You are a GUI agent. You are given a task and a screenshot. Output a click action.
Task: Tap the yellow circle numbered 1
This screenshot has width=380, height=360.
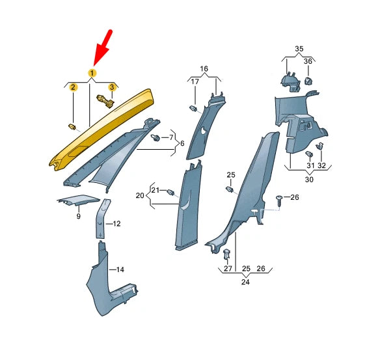(92, 72)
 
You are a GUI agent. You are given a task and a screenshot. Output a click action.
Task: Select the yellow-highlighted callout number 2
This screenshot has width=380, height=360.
(74, 87)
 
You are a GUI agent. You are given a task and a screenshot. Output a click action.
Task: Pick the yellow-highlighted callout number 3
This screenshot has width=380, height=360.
(111, 87)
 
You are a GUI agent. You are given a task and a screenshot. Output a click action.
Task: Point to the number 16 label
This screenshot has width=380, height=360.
(204, 68)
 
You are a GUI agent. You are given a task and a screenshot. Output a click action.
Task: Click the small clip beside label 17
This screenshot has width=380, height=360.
(193, 107)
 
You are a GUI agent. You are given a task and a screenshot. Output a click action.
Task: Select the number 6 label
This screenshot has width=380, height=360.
(182, 143)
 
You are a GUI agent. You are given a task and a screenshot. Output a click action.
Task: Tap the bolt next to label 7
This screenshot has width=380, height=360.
(156, 138)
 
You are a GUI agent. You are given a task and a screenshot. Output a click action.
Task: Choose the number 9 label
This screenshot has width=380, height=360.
(78, 216)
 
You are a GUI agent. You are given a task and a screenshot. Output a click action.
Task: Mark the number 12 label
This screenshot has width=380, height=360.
(117, 224)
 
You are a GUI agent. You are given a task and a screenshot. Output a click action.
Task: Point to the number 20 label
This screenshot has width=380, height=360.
(139, 195)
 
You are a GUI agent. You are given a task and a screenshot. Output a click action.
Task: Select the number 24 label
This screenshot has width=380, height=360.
(244, 283)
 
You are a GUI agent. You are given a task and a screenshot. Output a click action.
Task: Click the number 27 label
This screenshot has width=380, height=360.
(228, 268)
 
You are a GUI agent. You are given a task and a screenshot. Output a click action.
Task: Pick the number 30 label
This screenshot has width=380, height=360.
(309, 180)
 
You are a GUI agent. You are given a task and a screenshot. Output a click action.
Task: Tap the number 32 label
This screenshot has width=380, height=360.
(321, 166)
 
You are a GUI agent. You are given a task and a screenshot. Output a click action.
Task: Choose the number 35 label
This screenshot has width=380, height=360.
(299, 49)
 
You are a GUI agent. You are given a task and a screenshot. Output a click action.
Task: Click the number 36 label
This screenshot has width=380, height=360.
(308, 61)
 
